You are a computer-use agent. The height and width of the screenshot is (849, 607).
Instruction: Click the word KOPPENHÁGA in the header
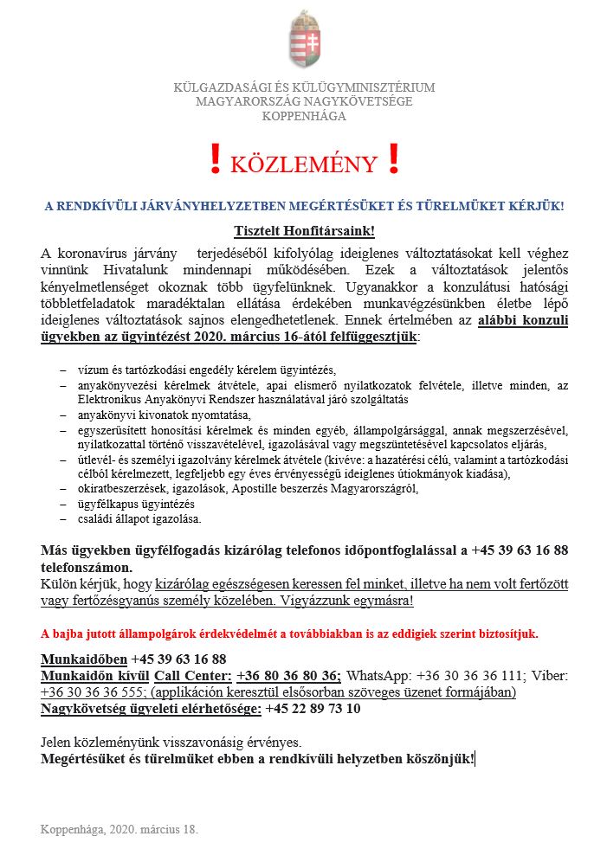pos(303,117)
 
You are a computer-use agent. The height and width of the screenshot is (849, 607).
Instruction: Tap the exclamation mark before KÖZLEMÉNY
pos(215,160)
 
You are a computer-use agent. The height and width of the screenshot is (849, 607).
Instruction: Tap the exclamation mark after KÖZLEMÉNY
pos(394,160)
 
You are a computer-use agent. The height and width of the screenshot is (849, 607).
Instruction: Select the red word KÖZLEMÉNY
pos(304,164)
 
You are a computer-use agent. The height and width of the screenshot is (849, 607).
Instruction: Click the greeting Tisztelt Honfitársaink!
pos(304,230)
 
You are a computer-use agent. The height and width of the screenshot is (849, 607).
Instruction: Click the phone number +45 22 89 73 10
pos(313,709)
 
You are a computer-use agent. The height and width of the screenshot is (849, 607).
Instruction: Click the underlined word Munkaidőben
pos(84,659)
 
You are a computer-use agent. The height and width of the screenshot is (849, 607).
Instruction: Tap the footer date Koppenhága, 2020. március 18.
pos(119,829)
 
